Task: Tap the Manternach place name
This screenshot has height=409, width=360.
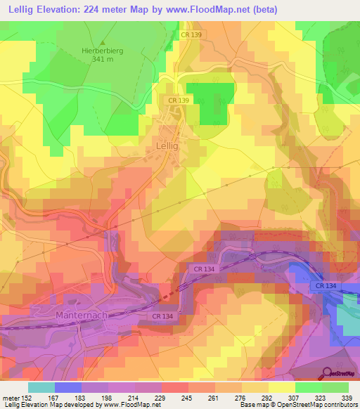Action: [x=82, y=316]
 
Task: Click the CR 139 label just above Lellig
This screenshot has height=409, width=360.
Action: [x=178, y=101]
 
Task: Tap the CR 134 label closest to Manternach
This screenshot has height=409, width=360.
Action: [x=162, y=317]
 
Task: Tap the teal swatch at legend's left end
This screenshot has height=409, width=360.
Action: [x=41, y=387]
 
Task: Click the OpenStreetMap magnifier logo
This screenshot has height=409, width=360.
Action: [x=327, y=372]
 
